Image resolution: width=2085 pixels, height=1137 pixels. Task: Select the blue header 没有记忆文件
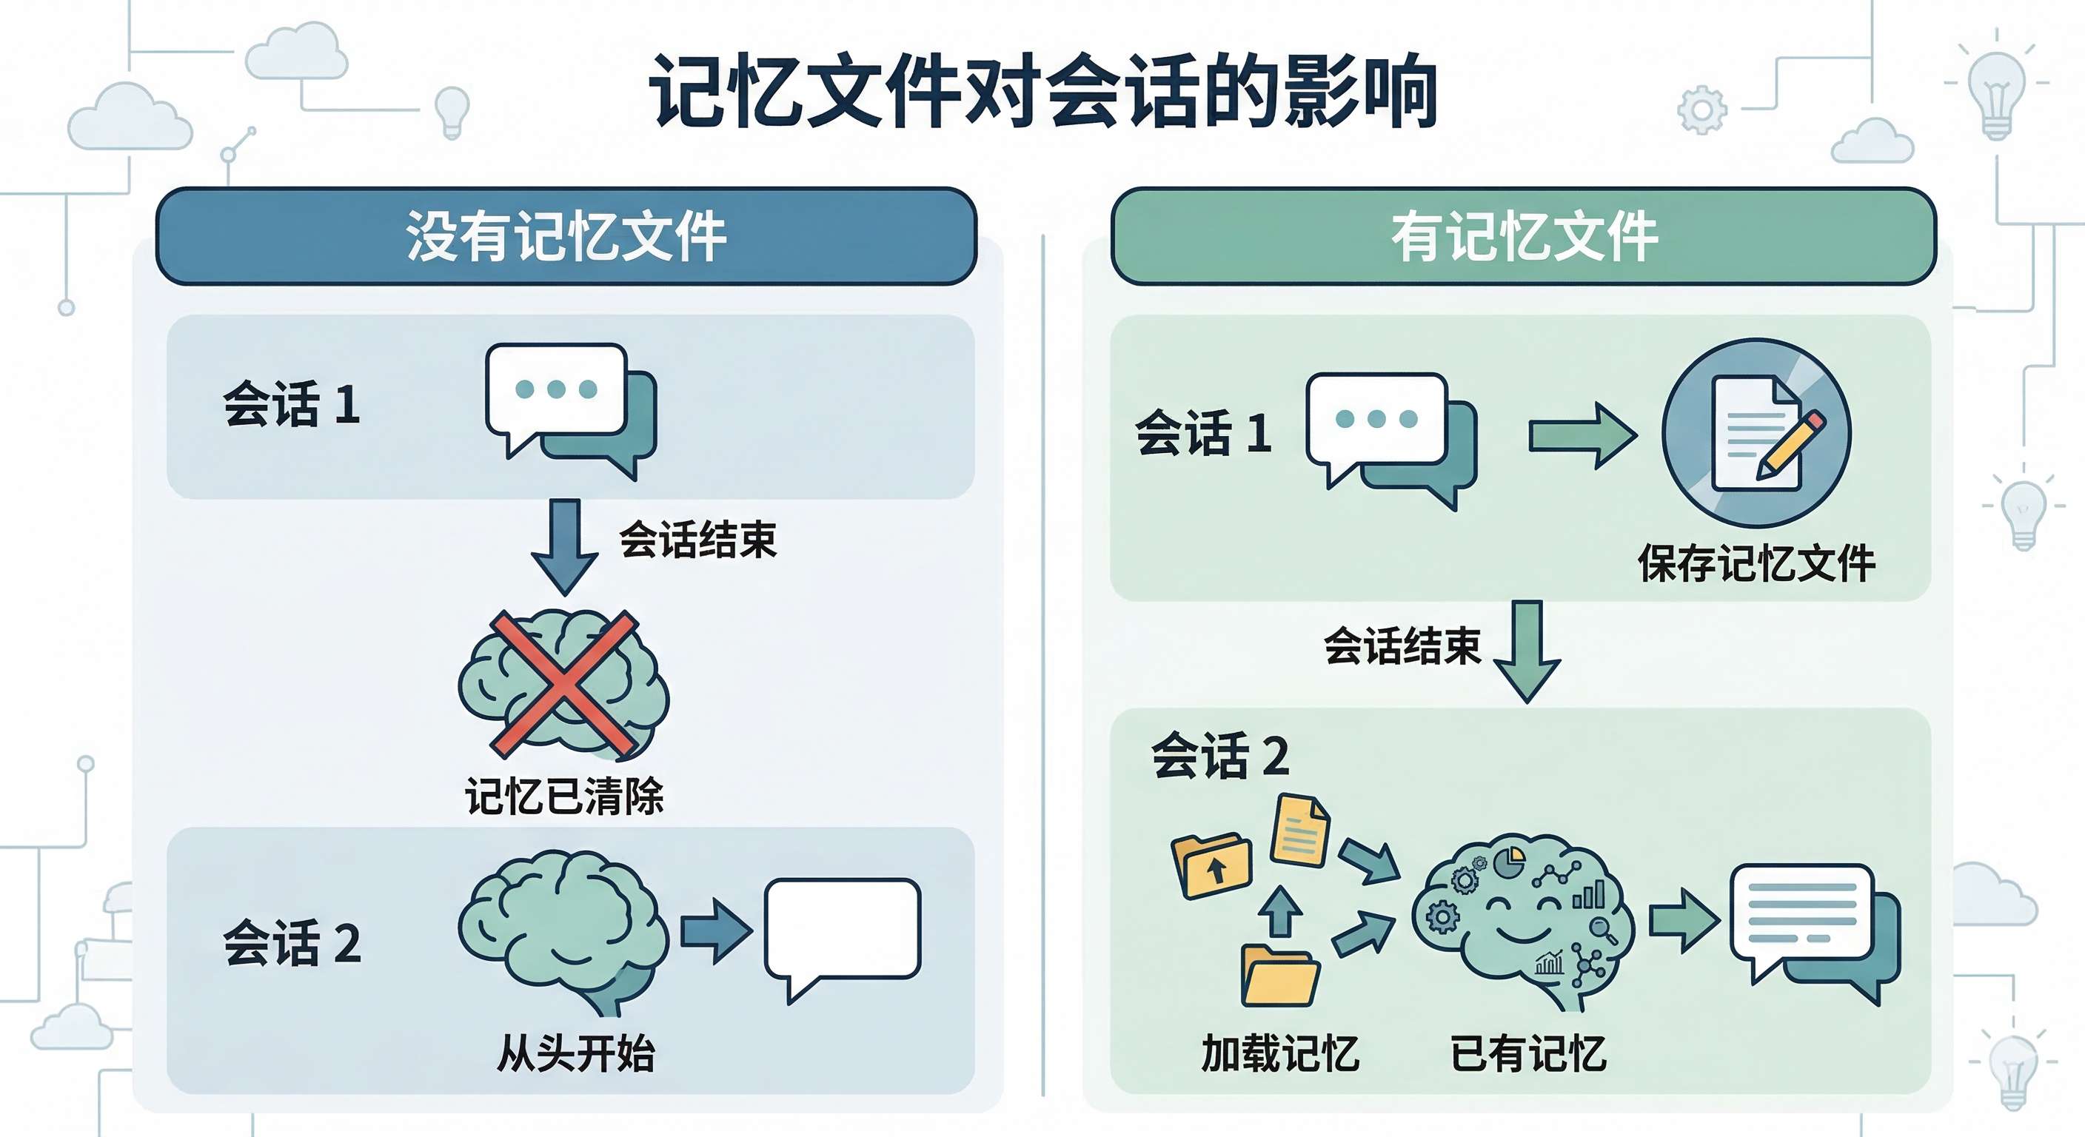(566, 236)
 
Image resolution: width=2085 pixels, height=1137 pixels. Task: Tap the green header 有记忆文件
(1523, 236)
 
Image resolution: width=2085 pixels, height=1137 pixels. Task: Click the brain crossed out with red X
(564, 684)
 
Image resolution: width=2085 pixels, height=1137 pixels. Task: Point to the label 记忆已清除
(564, 796)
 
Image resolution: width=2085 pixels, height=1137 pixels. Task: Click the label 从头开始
(575, 1053)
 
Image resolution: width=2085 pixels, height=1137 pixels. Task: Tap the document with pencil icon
(1756, 433)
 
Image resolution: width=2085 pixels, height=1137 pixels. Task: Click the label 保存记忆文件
(1756, 563)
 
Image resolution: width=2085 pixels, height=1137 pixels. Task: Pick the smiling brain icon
(1522, 919)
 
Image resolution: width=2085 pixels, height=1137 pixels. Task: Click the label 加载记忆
(1279, 1053)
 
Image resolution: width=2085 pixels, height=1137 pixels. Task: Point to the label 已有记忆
(1527, 1053)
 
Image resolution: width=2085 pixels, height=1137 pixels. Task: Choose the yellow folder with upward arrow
(1211, 865)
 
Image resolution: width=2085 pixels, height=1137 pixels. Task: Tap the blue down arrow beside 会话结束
(564, 545)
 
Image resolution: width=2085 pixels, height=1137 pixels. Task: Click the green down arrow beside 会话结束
(1527, 650)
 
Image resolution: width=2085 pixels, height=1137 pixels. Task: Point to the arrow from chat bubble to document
(1582, 436)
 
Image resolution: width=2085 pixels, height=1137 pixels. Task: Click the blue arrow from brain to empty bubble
(714, 930)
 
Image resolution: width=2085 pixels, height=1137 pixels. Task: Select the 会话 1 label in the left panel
(292, 404)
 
